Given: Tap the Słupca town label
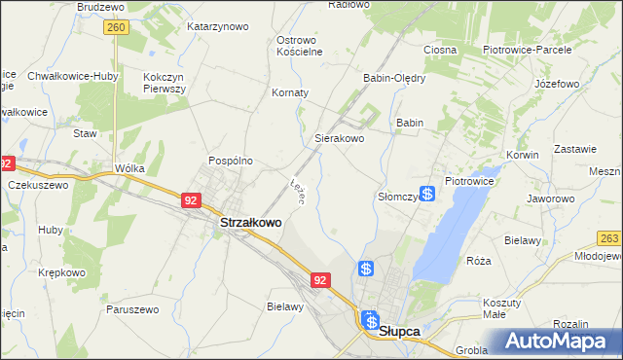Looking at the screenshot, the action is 399,331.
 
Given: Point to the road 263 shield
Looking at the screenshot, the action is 610,239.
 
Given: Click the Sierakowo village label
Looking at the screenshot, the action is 339,139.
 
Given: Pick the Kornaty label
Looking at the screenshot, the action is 289,93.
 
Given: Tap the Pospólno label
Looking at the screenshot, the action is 231,161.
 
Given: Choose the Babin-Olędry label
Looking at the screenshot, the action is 394,79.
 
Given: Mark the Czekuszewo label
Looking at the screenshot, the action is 38,185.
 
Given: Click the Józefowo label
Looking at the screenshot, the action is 557,85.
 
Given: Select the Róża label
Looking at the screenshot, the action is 478,261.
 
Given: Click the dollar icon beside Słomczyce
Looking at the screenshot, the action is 426,195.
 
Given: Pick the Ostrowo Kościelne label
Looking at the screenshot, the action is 299,46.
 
